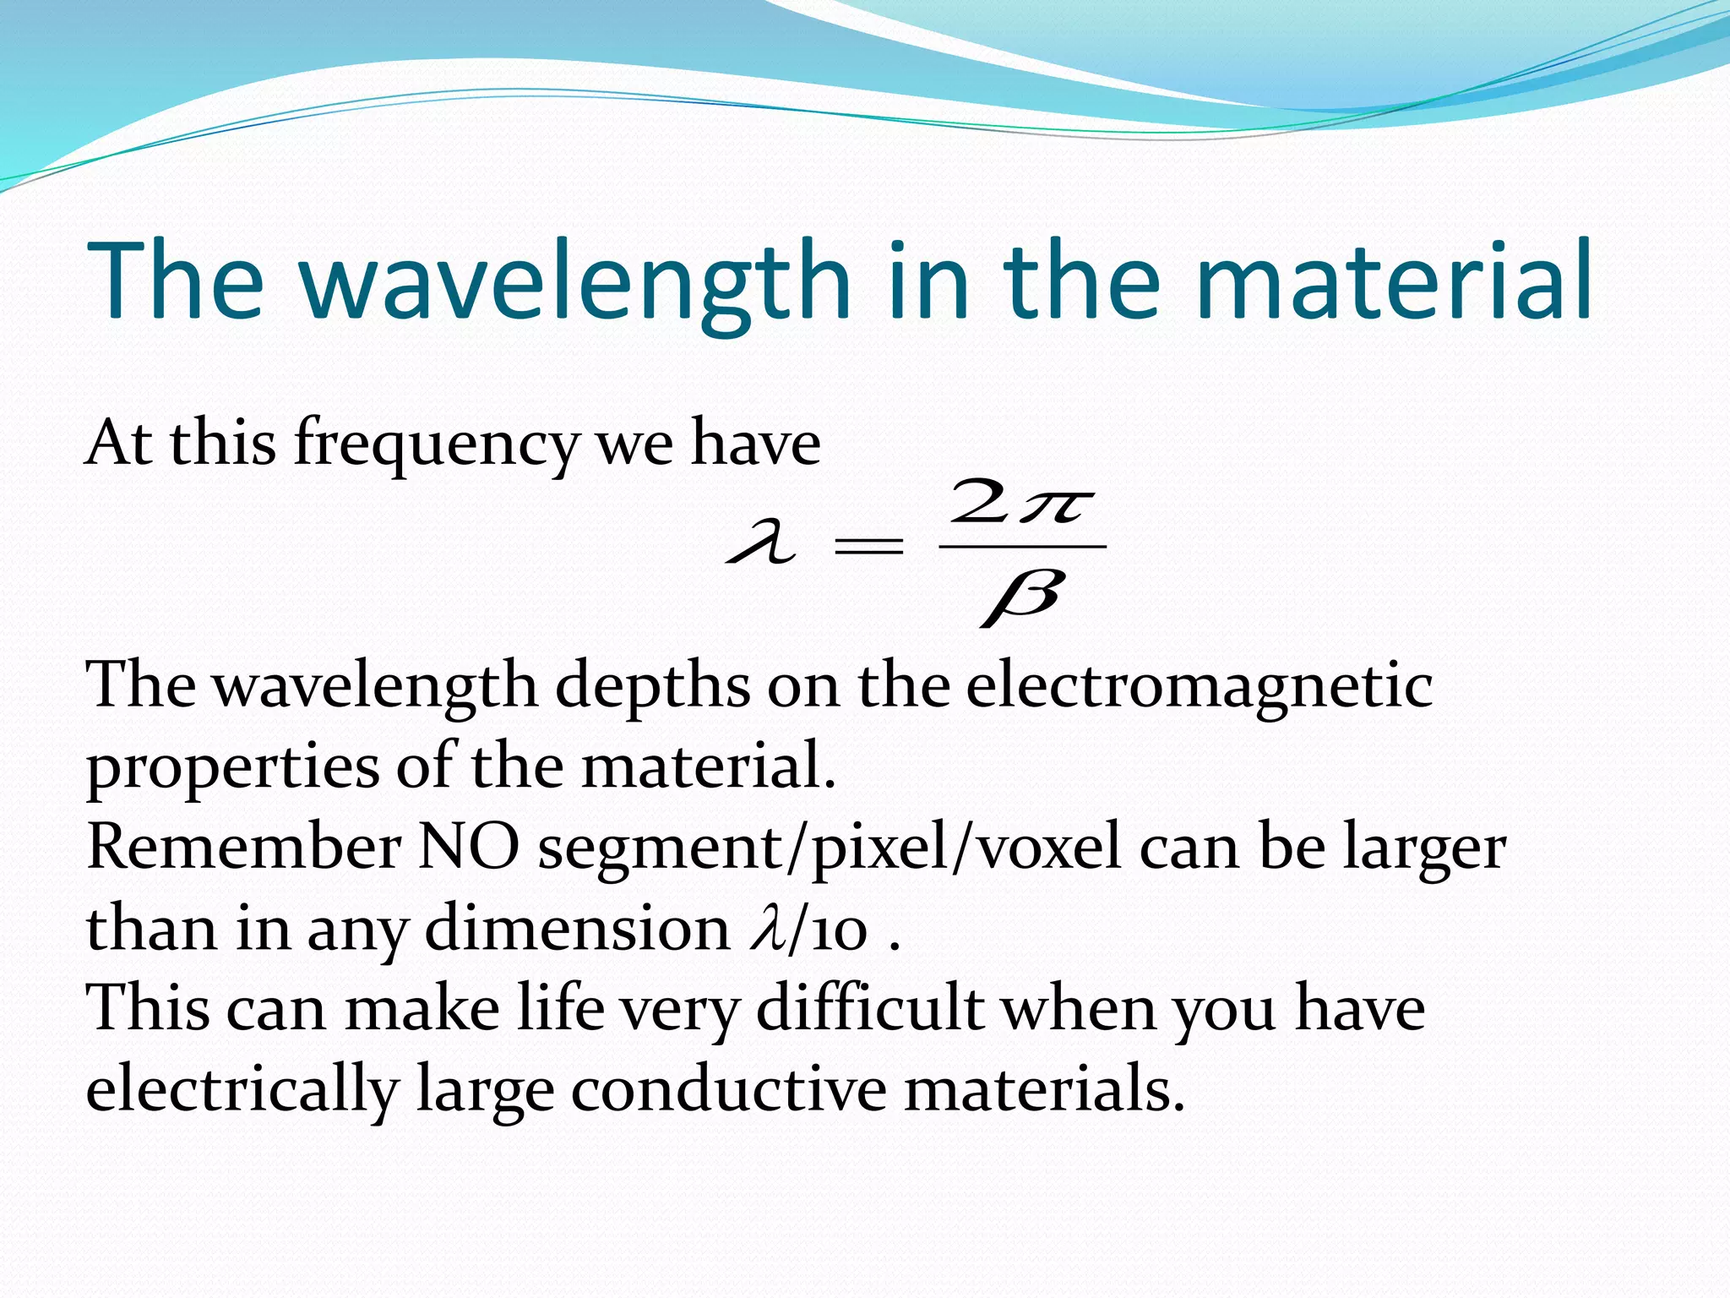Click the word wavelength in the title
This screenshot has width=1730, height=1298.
[574, 283]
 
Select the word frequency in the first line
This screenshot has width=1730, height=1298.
[436, 444]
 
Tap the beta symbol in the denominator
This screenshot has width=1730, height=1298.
[1022, 597]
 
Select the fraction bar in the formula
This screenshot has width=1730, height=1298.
[1022, 547]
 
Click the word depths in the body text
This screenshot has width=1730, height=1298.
[652, 686]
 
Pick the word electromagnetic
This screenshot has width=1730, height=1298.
[1200, 686]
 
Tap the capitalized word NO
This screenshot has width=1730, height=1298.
[469, 847]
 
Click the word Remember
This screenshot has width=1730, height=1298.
[244, 847]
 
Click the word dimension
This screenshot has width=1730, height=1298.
[577, 928]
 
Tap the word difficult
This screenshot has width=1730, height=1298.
[870, 1008]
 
